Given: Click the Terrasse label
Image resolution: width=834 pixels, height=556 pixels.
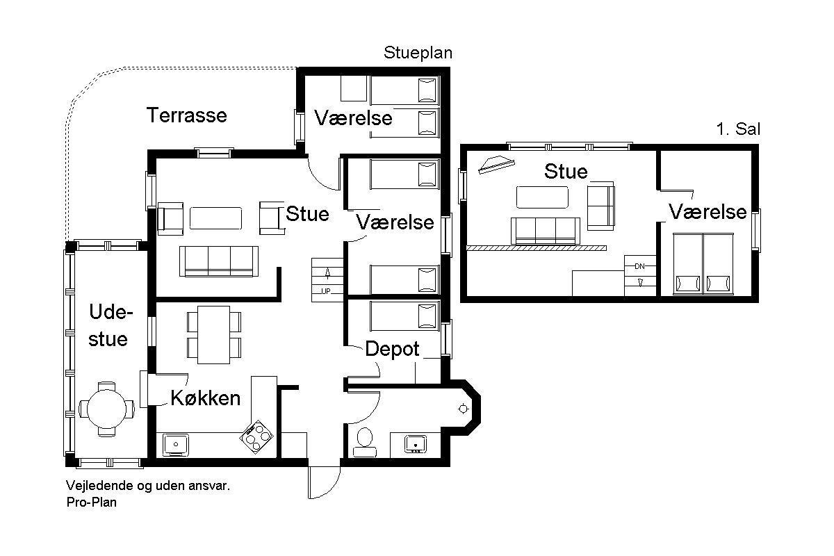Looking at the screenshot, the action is (x=187, y=115).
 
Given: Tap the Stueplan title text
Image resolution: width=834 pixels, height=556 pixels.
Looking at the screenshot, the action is (x=418, y=53).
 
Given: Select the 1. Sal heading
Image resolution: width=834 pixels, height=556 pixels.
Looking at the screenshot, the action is (x=738, y=129).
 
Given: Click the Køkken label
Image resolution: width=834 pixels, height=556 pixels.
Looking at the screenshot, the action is (x=206, y=398).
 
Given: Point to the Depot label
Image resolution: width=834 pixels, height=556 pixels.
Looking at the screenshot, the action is (x=392, y=350).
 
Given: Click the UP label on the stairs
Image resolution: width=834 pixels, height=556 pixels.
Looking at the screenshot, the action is (x=326, y=291).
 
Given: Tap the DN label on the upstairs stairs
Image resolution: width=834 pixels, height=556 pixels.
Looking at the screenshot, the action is (x=639, y=266).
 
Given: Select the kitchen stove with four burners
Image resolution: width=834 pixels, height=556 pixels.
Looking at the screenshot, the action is (x=256, y=436).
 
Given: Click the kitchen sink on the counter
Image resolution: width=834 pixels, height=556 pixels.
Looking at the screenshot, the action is (x=176, y=444).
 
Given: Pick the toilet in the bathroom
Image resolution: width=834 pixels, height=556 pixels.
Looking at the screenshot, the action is (x=364, y=443).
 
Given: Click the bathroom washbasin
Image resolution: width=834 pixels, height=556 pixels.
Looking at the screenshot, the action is (x=416, y=444).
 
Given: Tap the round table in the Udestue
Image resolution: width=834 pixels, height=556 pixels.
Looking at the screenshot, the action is (x=106, y=409).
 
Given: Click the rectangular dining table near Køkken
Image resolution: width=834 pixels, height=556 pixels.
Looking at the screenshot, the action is (x=214, y=334).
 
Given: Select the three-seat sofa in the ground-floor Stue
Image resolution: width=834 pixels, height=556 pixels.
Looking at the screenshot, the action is (x=219, y=261).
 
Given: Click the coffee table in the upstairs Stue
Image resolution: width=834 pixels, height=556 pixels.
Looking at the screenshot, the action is (x=542, y=197).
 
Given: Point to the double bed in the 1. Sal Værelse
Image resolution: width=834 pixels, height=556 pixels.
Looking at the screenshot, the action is (x=703, y=264).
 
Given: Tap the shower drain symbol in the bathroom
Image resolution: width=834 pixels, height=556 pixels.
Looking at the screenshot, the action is (x=463, y=409).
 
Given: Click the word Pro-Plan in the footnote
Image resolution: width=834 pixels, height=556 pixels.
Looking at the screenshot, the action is (x=92, y=502).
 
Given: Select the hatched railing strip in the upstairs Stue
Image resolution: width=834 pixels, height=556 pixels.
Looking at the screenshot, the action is (x=537, y=248).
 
